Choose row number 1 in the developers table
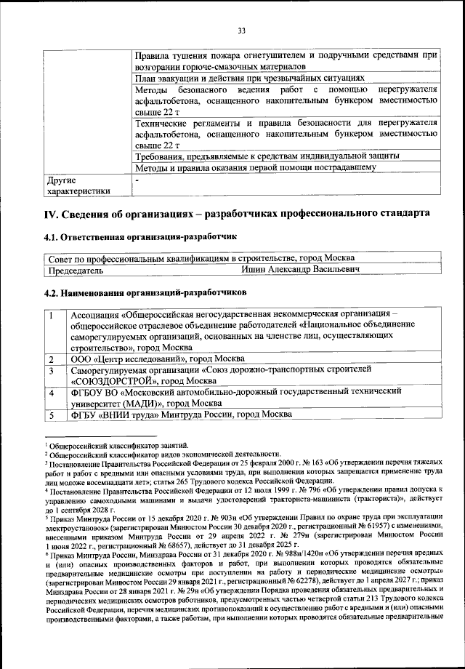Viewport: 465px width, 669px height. pos(52,316)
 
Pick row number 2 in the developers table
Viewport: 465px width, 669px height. pos(52,359)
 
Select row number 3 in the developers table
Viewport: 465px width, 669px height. pos(52,371)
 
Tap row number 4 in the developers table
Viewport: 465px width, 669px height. pos(52,393)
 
